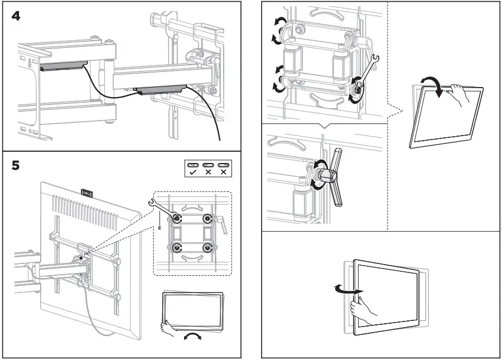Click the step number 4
point(17,16)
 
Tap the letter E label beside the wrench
point(159,228)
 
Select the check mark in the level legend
point(192,173)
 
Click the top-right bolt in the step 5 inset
point(207,218)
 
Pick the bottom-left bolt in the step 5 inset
point(177,247)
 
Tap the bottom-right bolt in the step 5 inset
point(207,247)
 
